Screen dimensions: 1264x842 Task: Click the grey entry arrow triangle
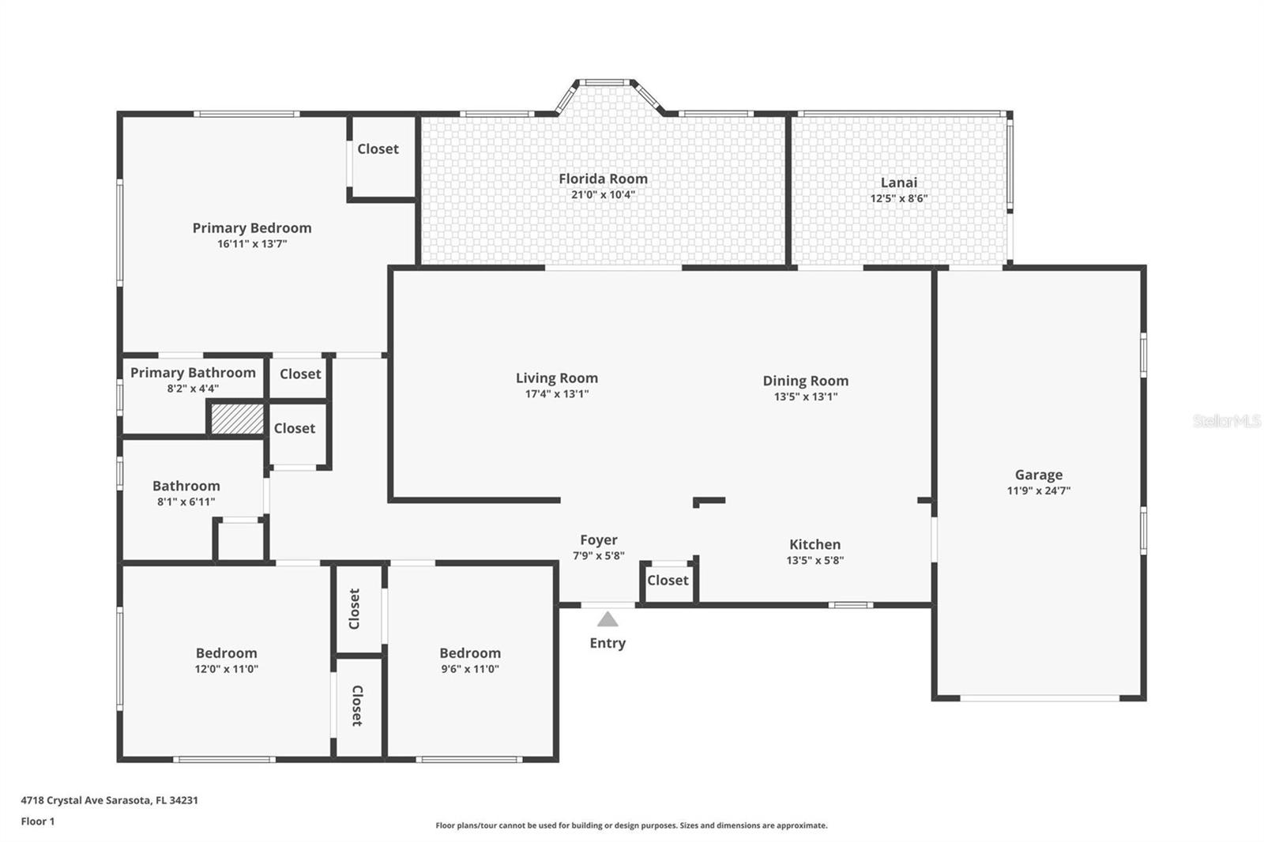608,619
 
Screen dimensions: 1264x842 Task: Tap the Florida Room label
604,179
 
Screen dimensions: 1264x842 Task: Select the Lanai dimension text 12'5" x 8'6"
899,198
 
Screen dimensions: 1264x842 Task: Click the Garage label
1039,475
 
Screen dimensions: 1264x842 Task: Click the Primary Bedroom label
252,228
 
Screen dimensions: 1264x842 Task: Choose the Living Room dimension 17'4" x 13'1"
557,394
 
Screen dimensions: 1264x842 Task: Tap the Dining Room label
806,381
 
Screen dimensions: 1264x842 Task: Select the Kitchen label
814,544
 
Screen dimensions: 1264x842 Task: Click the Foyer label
599,540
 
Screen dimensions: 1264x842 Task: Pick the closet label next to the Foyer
668,580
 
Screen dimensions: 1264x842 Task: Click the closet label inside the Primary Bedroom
378,149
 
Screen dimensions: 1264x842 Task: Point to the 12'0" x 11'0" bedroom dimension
226,669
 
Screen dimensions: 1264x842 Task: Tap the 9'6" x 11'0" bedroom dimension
470,669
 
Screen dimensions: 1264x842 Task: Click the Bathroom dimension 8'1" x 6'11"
186,502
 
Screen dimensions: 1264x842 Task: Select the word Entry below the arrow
608,644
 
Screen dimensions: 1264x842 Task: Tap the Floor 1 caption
38,821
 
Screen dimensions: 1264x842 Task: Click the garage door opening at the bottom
1040,698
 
